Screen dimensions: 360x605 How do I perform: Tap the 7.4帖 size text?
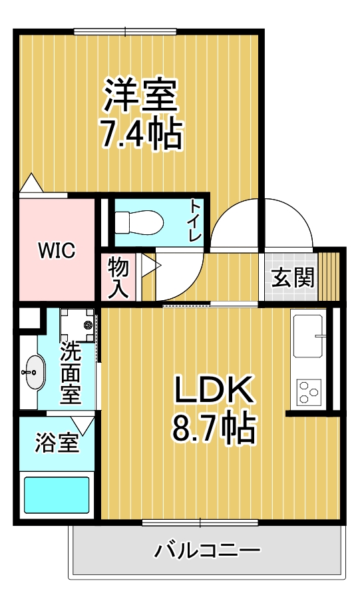pos(141,134)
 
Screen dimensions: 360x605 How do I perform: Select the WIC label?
pos(57,251)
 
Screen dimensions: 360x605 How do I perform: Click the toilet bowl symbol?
pos(139,222)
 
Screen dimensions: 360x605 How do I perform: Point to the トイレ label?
pos(194,222)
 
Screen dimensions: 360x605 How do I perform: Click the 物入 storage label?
pos(118,278)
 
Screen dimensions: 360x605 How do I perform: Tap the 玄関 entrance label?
pos(293,277)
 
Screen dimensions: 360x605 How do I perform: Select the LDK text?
pos(214,389)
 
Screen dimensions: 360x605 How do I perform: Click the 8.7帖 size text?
pos(214,428)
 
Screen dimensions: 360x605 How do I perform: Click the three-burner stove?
pos(309,391)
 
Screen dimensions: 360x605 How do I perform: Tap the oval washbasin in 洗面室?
pos(35,372)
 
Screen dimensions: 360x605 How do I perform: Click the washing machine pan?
pos(78,325)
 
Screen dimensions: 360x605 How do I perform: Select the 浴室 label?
pos(57,443)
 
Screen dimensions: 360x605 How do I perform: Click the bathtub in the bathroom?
pos(57,495)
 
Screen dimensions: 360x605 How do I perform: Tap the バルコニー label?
pos(207,550)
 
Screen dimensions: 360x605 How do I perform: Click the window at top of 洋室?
pos(125,32)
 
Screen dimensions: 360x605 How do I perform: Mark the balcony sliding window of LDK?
pos(200,523)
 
